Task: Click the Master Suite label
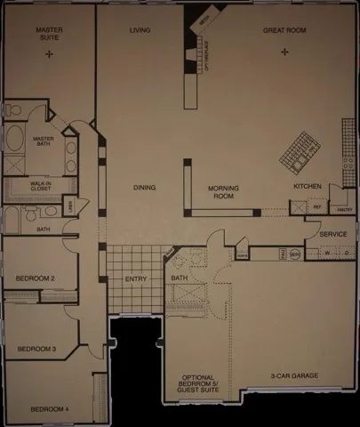click(x=49, y=34)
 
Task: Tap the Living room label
click(x=140, y=30)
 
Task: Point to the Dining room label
click(x=144, y=188)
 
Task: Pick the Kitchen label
click(x=307, y=186)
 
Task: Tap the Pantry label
click(x=341, y=210)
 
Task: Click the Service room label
click(x=332, y=234)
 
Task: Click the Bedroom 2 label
click(x=36, y=278)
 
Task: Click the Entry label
click(x=136, y=278)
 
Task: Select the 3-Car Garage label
click(x=294, y=376)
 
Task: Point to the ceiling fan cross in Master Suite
click(x=49, y=54)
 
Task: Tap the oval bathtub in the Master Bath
click(x=15, y=140)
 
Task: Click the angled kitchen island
click(x=299, y=151)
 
